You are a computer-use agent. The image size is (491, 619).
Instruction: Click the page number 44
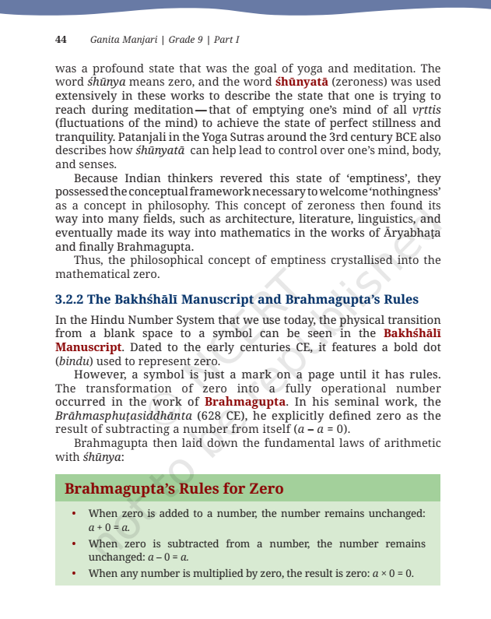click(x=61, y=39)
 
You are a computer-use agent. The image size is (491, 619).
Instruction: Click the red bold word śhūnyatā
click(x=302, y=82)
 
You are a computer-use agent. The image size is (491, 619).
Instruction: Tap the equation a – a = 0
click(x=320, y=429)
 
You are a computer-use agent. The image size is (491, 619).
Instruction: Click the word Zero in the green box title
click(x=261, y=489)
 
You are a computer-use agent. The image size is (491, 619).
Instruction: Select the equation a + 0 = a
click(x=109, y=527)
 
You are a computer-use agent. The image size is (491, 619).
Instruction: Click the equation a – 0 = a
click(x=168, y=557)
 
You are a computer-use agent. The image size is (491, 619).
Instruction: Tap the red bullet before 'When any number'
click(x=73, y=574)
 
